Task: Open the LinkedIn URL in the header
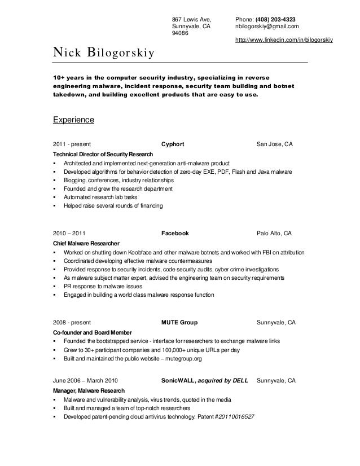284,40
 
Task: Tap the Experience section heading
73,120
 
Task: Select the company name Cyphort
173,144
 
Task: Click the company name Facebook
175,233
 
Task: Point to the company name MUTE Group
179,322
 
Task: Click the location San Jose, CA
275,144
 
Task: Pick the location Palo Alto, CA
274,233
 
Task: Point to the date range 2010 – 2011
69,233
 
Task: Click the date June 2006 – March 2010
85,381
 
